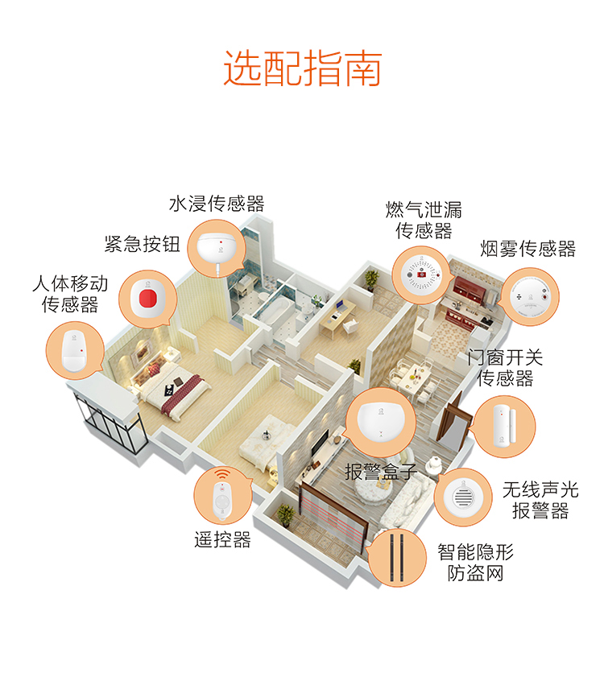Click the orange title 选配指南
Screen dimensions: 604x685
pos(303,68)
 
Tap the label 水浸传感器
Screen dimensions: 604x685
pos(217,204)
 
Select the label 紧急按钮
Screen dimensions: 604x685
pos(142,244)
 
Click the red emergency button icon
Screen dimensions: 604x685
pos(147,299)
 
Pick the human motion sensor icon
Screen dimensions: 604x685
pos(74,351)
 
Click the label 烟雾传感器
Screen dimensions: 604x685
pos(528,249)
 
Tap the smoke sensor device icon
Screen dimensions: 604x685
pos(530,297)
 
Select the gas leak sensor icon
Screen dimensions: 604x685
pos(422,274)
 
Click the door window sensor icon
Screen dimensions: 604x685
pos(505,427)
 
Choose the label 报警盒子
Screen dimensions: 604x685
pos(381,472)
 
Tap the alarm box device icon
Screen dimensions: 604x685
pos(381,420)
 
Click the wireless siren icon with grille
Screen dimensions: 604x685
pos(463,497)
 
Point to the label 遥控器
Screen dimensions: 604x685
pos(223,540)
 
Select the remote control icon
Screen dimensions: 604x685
pos(223,499)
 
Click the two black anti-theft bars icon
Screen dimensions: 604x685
pos(396,558)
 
